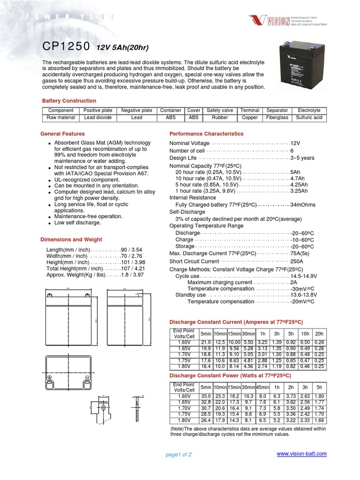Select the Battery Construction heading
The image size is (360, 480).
69,101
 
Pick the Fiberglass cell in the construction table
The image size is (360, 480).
277,118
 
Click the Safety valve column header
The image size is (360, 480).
219,111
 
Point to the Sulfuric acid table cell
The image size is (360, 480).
309,118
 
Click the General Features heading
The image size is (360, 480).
63,134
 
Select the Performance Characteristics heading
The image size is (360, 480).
206,134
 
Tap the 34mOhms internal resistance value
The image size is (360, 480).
303,205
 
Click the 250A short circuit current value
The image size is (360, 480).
297,261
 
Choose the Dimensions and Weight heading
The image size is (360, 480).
71,240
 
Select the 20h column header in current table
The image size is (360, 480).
319,333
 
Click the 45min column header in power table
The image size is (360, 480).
263,387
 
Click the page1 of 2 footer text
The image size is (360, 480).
179,455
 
